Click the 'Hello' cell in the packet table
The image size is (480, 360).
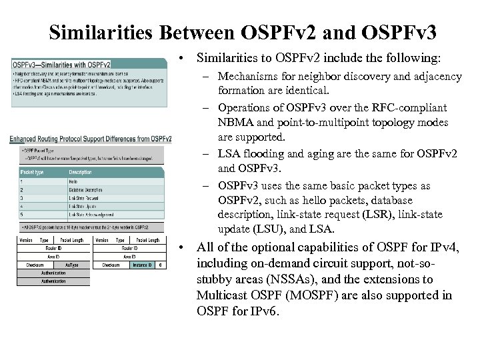click(73, 181)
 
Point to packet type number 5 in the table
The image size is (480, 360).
click(21, 215)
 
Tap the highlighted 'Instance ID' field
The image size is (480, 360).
click(142, 265)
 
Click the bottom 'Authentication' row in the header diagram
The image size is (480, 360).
click(53, 281)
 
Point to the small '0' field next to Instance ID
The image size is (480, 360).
click(161, 265)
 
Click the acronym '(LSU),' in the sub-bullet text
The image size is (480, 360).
click(267, 229)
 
